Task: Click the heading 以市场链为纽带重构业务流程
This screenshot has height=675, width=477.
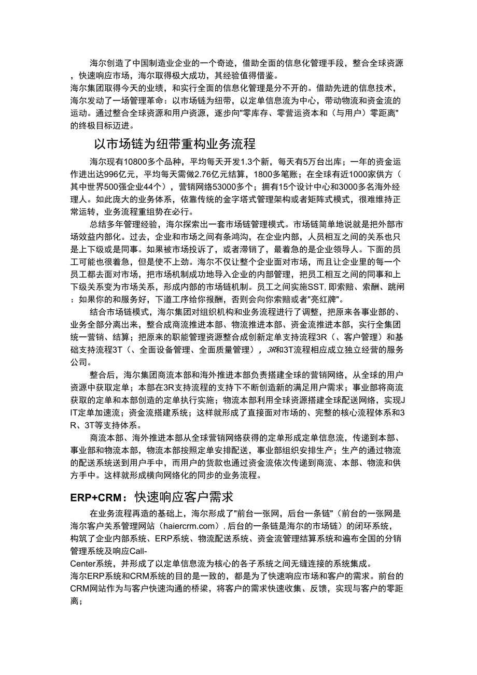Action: point(174,143)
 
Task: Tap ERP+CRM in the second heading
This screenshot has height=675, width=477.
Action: point(99,497)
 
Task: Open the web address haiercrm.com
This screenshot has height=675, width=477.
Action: point(185,526)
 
